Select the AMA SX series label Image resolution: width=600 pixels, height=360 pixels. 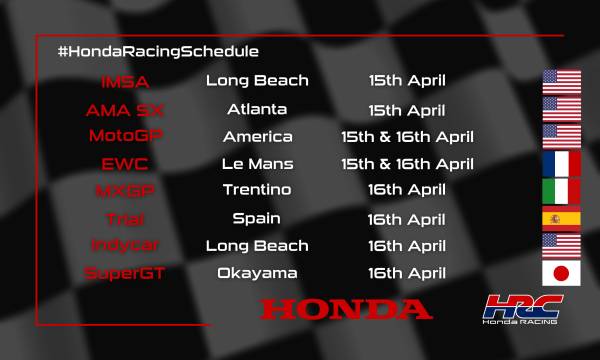(x=127, y=109)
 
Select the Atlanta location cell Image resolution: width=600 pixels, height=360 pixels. (x=257, y=109)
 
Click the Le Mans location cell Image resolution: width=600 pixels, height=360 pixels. (x=257, y=163)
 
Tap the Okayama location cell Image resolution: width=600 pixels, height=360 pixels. (x=257, y=272)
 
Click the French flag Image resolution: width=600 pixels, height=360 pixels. (x=562, y=163)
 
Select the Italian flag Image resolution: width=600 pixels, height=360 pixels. (x=562, y=191)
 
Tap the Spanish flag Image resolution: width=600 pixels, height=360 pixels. (x=562, y=218)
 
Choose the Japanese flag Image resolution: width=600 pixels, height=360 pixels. (x=562, y=272)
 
